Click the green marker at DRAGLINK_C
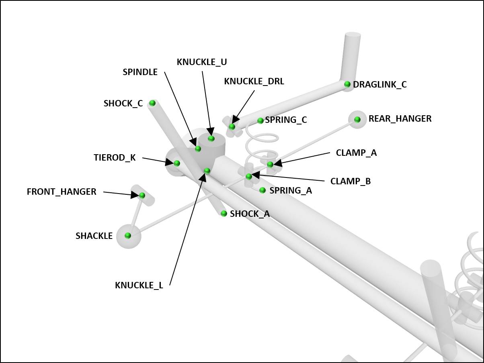(347, 84)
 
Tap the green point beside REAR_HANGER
(357, 119)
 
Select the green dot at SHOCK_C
(152, 103)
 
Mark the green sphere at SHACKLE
(128, 236)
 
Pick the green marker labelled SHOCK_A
(224, 214)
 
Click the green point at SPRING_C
(260, 120)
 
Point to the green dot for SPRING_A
(263, 190)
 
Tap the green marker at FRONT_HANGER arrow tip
(142, 196)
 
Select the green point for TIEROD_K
(176, 163)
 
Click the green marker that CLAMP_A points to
(270, 164)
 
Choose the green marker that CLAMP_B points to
(249, 176)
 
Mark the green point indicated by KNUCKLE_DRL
(232, 127)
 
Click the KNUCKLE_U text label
(202, 62)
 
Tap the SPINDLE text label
(140, 72)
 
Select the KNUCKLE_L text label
(139, 286)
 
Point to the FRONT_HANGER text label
(62, 192)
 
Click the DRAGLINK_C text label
(380, 85)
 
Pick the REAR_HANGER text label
(400, 119)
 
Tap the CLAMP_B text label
(351, 181)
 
